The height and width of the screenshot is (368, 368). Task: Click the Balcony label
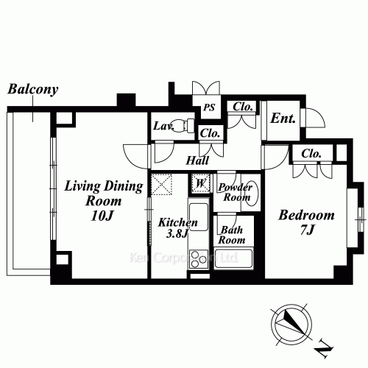(32, 90)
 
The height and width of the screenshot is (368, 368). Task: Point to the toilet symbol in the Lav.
(183, 125)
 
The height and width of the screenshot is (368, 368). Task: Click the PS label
(209, 108)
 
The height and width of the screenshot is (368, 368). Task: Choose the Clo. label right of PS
(243, 107)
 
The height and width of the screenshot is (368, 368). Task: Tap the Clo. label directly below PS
(210, 133)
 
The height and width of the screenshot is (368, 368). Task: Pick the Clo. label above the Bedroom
(311, 154)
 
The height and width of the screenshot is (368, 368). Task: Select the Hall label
(197, 160)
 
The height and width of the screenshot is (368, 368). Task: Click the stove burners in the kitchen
(199, 259)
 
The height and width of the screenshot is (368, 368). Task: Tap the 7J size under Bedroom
(306, 233)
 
